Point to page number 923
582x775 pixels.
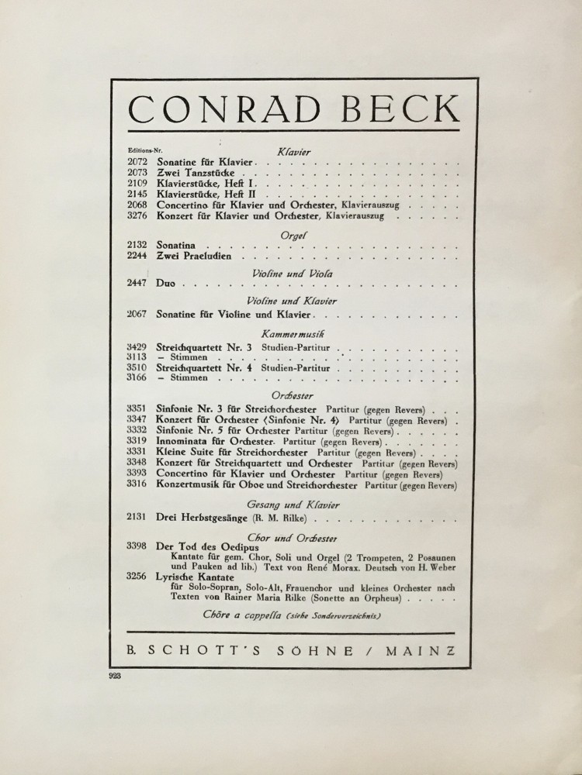[x=120, y=676]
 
